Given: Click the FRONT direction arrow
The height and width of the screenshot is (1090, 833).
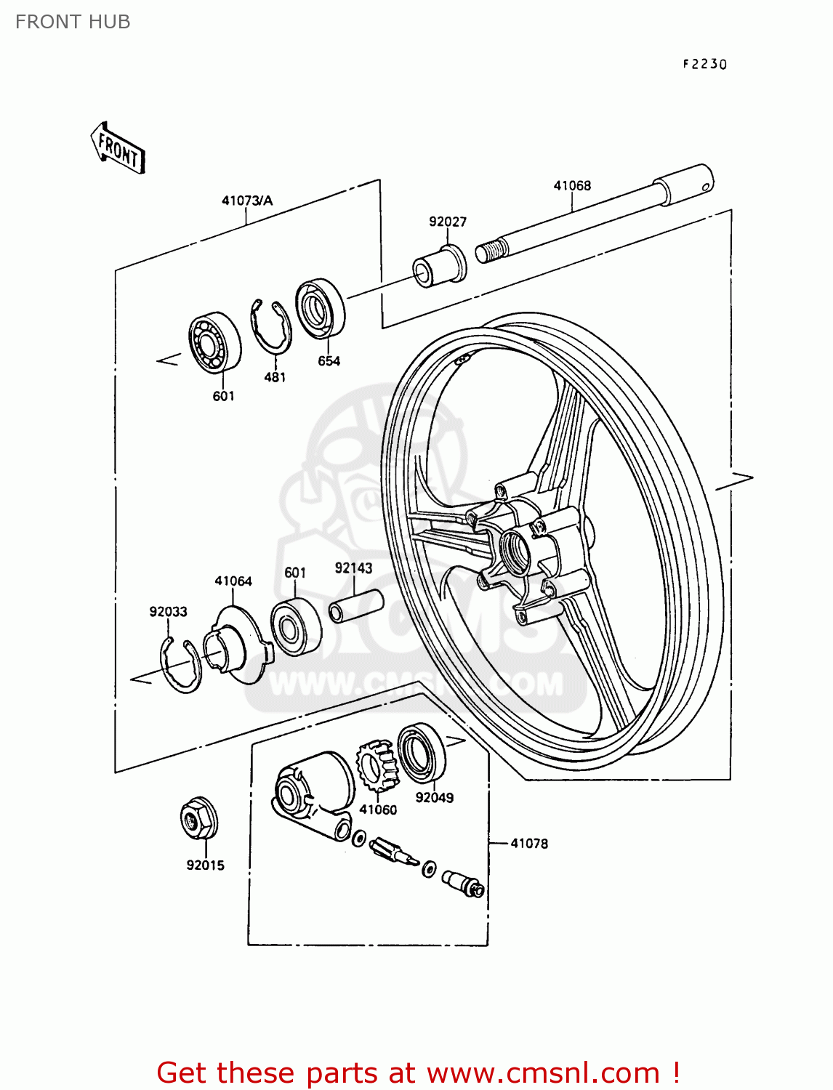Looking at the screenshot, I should point(118,148).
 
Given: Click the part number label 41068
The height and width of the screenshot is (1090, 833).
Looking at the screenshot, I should point(572,186).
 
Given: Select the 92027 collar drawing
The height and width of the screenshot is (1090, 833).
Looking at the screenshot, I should point(439,267).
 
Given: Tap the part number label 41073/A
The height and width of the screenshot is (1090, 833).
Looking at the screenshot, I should point(247,201).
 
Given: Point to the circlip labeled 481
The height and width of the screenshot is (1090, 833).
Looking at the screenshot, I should point(270,328).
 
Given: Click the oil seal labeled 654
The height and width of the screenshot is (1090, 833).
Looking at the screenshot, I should point(321,308).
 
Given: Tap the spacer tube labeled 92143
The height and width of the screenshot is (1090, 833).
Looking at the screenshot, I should point(356,606).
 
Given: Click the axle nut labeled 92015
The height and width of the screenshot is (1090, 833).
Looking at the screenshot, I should point(198,819).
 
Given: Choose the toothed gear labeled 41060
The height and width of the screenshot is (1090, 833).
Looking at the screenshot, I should point(377,767).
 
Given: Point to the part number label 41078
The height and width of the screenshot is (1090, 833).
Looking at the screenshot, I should point(529,844).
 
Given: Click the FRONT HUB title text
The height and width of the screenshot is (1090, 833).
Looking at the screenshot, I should point(73,23).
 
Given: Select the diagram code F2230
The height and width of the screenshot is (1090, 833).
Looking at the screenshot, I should point(704,64).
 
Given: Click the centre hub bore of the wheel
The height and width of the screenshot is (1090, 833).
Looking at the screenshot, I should point(516,549).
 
